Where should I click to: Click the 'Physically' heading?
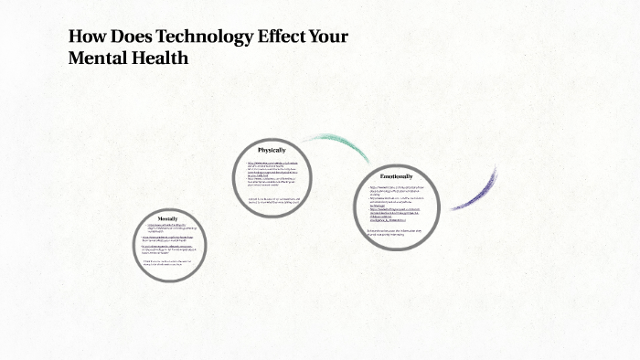(272, 150)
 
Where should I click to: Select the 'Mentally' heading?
(167, 219)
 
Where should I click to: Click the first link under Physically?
(272, 163)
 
